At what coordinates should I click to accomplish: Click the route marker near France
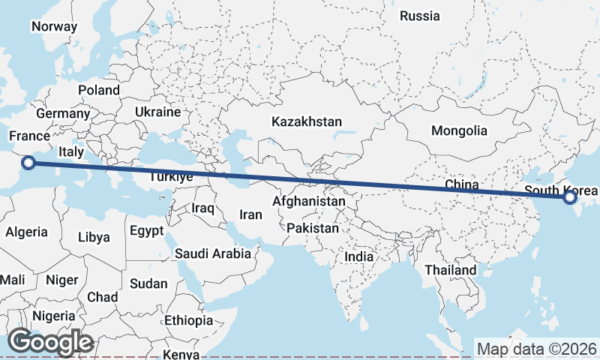[28, 163]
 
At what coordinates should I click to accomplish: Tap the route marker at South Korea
[570, 197]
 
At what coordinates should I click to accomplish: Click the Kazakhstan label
[307, 121]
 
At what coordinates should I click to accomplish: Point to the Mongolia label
[459, 130]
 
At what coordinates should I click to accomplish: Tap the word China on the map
[461, 184]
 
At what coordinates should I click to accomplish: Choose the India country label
[359, 256]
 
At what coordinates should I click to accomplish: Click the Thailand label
[450, 270]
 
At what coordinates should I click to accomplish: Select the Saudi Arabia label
[213, 253]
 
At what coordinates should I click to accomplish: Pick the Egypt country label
[145, 230]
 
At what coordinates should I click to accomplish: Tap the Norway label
[54, 27]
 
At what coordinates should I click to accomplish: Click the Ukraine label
[158, 112]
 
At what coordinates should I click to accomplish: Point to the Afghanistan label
[309, 202]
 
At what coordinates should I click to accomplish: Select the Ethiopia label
[189, 320]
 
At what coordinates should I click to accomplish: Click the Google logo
[51, 342]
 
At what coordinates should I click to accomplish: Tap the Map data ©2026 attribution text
[536, 349]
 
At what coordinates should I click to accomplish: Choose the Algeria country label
[26, 232]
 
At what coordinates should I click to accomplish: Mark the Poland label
[99, 90]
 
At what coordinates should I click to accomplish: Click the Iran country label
[250, 214]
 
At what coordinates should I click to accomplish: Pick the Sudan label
[149, 283]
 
